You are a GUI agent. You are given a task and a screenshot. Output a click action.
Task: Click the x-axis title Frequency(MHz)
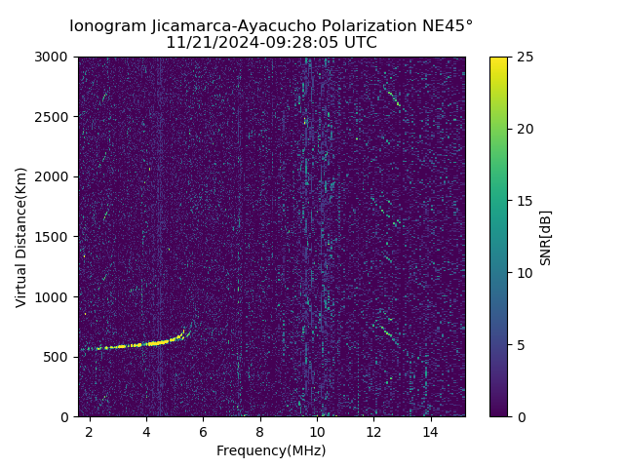tap(271, 450)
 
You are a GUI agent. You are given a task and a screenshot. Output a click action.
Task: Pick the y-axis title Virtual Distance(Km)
tap(20, 237)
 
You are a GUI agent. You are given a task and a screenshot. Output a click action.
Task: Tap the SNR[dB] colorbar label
tap(546, 237)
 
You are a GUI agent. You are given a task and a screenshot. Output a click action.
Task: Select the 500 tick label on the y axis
tap(58, 357)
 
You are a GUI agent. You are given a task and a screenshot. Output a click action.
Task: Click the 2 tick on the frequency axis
tap(90, 430)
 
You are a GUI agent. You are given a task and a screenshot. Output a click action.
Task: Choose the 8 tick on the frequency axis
tap(260, 430)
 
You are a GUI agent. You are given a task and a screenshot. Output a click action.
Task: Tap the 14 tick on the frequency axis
tap(430, 430)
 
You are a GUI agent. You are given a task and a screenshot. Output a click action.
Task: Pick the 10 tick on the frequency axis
tap(317, 430)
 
